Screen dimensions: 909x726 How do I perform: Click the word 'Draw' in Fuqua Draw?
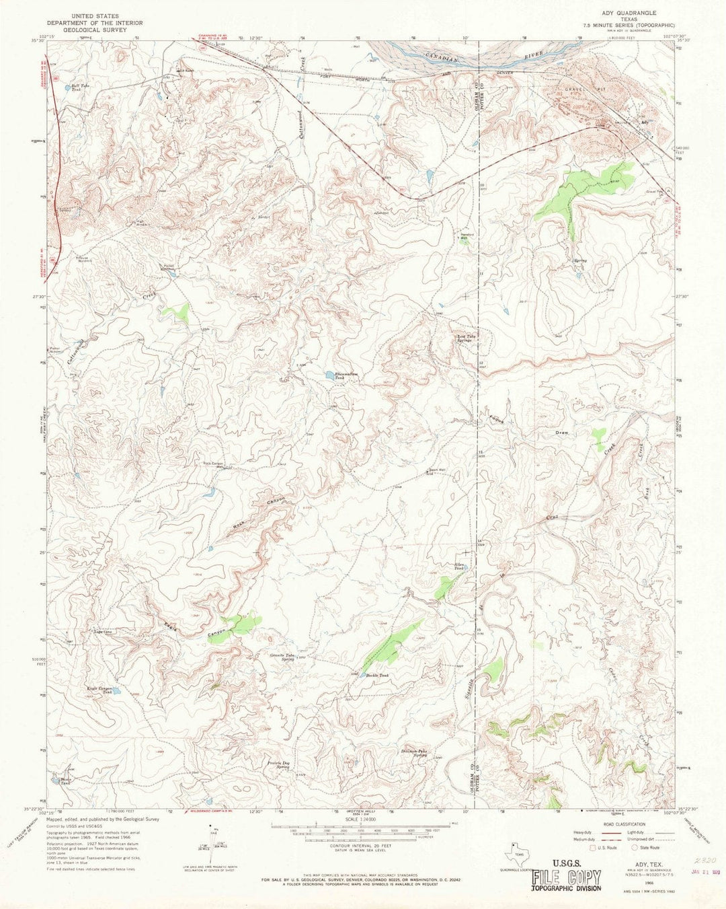tap(561, 433)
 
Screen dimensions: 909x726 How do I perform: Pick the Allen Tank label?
tap(460, 566)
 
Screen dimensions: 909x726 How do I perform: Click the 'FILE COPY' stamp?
tap(566, 877)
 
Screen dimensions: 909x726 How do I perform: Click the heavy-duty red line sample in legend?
tap(610, 832)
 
